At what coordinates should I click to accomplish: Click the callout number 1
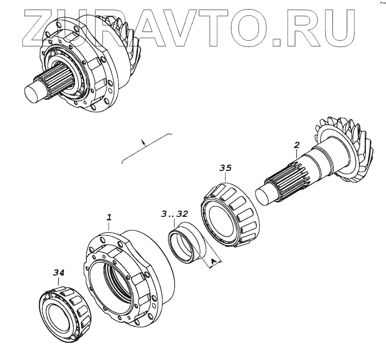[x=109, y=217]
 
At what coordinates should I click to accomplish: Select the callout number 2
[x=297, y=145]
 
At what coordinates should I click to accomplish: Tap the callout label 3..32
[x=174, y=214]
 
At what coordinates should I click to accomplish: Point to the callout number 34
[x=59, y=273]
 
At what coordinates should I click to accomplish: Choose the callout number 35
[x=225, y=168]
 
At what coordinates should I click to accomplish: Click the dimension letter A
[x=213, y=261]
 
